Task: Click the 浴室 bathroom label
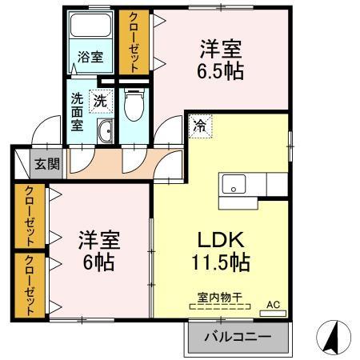[90, 57]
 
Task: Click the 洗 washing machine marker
[102, 101]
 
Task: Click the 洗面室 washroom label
[78, 114]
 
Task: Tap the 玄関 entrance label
[46, 165]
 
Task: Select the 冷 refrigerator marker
[198, 125]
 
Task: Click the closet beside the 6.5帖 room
[134, 42]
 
